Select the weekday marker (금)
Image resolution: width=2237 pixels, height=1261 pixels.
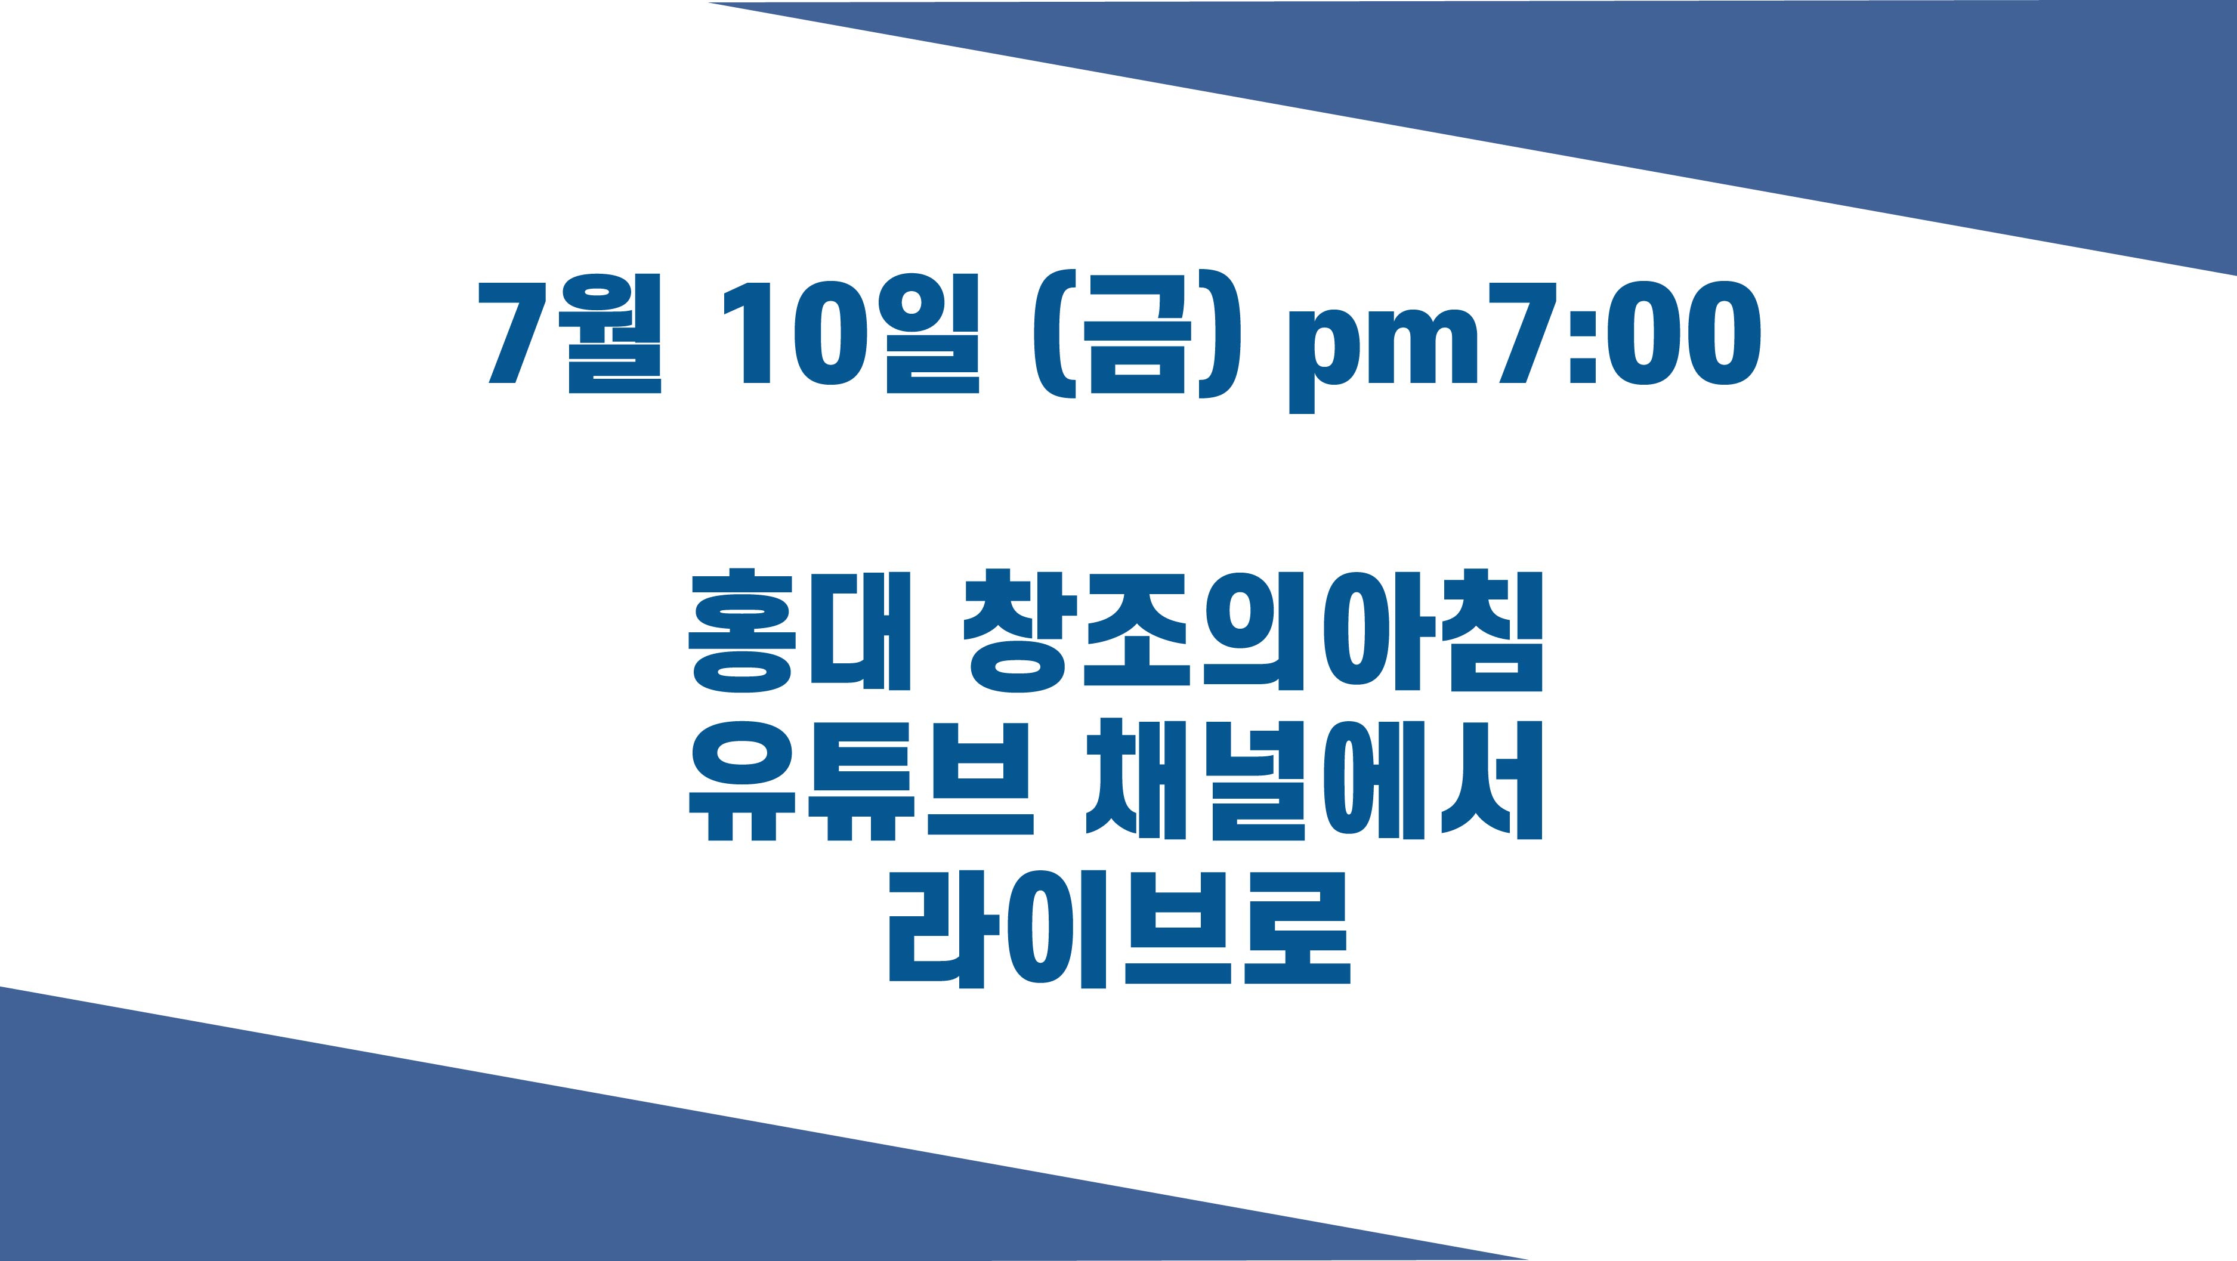tap(1137, 335)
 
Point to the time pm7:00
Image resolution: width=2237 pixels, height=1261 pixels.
tap(1525, 345)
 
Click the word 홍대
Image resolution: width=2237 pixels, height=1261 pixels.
tap(799, 630)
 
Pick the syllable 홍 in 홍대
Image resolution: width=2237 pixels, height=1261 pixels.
tap(743, 630)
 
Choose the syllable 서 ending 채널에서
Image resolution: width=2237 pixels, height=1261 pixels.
tap(1491, 779)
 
